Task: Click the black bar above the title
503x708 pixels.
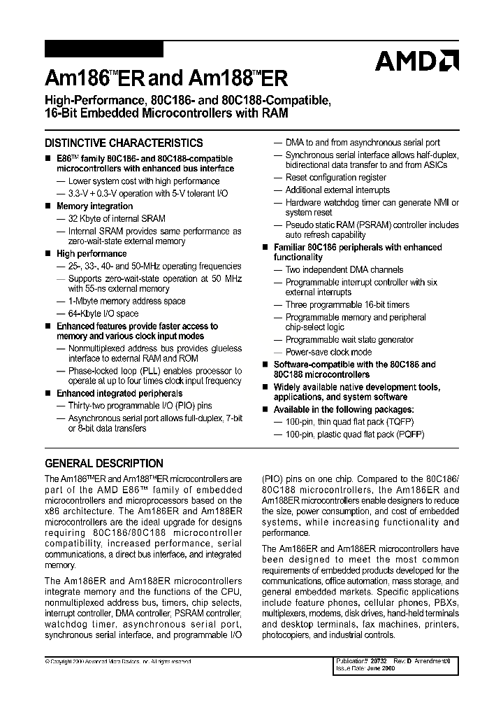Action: tap(103, 49)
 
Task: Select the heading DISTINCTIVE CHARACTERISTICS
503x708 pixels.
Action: tap(124, 143)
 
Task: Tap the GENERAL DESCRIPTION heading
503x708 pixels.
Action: tap(103, 463)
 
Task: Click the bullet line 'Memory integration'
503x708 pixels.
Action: tap(94, 206)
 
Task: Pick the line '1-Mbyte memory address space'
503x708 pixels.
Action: tap(126, 301)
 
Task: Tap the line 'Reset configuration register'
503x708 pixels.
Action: tap(335, 178)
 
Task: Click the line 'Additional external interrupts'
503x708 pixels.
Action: tap(337, 190)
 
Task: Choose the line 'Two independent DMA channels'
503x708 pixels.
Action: tap(344, 269)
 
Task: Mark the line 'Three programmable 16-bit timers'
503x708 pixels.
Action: tap(347, 305)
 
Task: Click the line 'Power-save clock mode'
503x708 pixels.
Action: tap(328, 352)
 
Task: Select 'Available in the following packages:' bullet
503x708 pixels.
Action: tap(343, 409)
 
